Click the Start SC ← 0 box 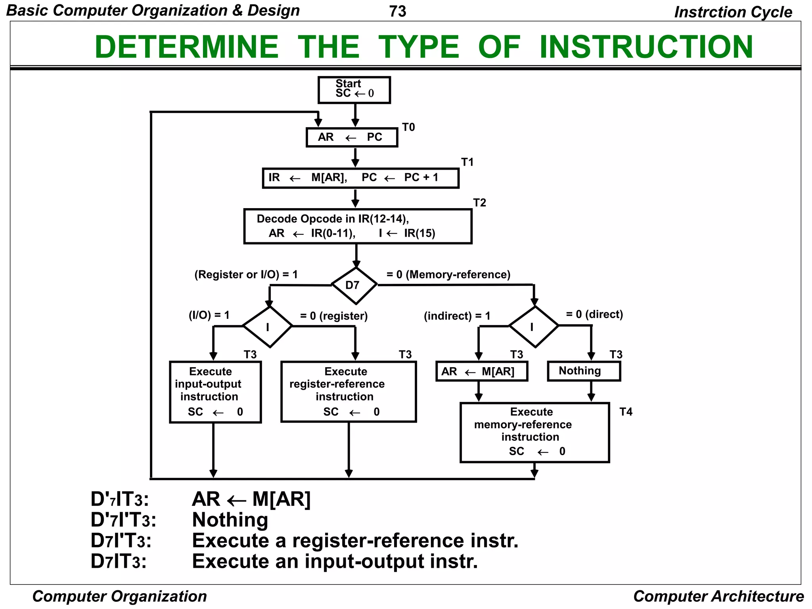[354, 90]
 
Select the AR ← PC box [352, 137]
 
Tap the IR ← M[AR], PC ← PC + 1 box [360, 178]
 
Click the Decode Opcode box [358, 226]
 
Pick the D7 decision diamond [354, 285]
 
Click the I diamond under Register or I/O [268, 327]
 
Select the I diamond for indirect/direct [534, 326]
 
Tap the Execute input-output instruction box [215, 392]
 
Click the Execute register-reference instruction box [349, 391]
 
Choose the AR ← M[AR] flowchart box [482, 371]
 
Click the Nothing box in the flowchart [584, 371]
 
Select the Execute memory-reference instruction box [534, 433]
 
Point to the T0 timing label [408, 127]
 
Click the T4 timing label [626, 412]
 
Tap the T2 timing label [479, 203]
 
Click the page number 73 [398, 11]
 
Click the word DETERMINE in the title [187, 47]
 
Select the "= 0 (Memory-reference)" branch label [448, 274]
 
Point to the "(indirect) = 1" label [457, 316]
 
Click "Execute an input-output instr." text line [335, 561]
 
